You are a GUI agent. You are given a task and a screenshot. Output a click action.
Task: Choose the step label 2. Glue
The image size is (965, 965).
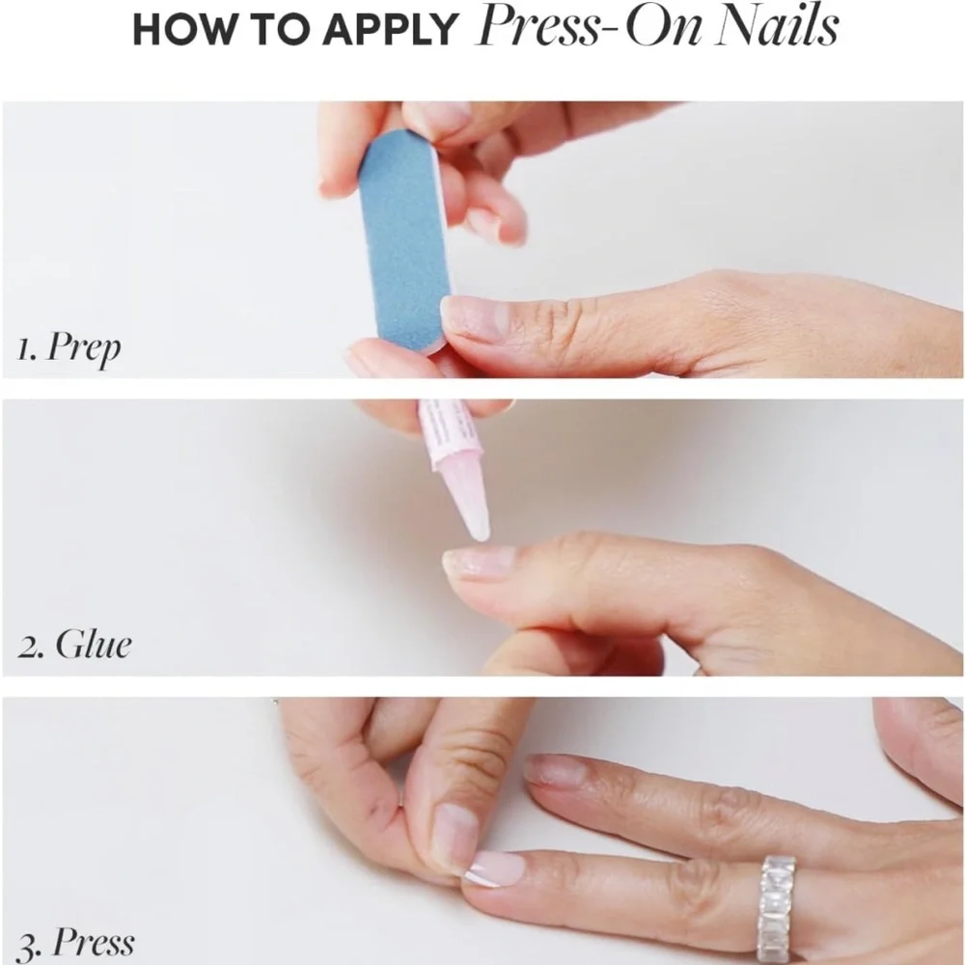75,644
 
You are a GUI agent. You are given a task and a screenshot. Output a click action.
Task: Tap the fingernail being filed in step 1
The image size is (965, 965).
474,318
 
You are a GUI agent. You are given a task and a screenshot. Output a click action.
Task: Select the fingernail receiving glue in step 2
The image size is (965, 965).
479,563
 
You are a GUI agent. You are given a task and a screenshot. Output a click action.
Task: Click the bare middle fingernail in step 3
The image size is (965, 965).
556,770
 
